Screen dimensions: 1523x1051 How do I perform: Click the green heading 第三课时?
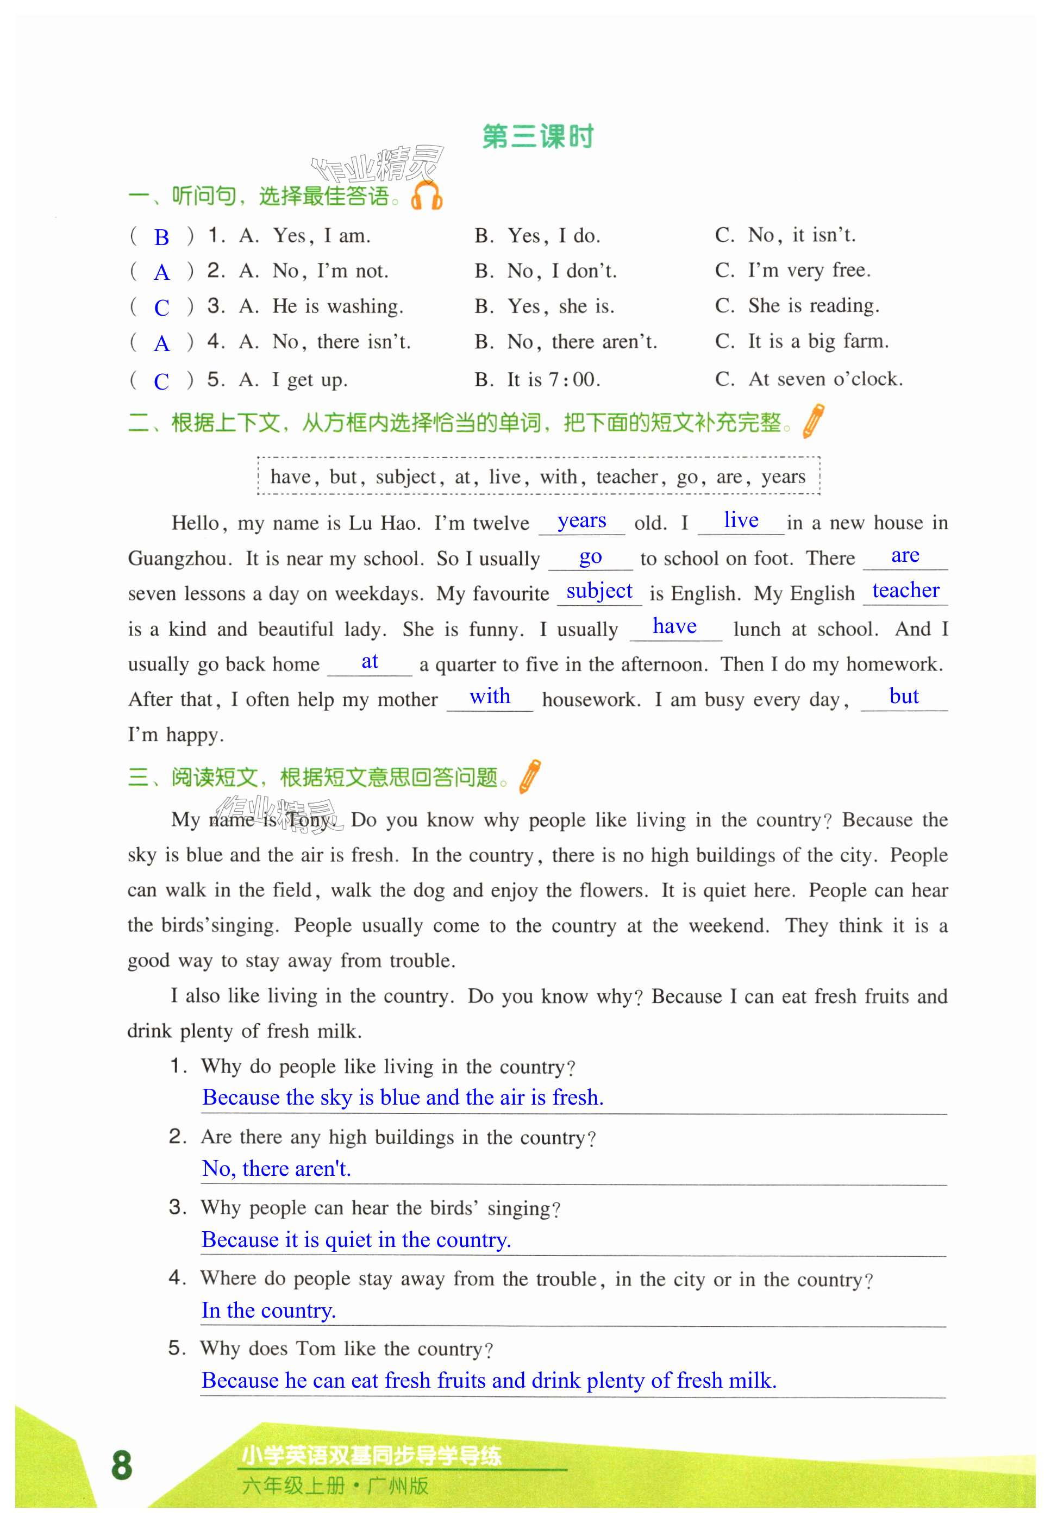click(x=537, y=136)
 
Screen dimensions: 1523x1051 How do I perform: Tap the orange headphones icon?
click(x=426, y=196)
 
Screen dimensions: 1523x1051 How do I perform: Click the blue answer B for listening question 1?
click(x=161, y=237)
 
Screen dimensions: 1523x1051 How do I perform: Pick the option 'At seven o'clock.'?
click(x=825, y=379)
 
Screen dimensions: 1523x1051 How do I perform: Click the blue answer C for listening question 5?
click(x=161, y=381)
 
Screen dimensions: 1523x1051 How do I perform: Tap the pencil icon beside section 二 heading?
click(x=814, y=422)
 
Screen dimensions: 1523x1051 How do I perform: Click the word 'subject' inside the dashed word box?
click(x=405, y=477)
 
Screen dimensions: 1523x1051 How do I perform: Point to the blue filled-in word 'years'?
click(x=581, y=521)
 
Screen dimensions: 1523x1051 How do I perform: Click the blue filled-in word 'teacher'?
click(x=905, y=591)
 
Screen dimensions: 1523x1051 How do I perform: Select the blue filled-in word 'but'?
click(x=904, y=697)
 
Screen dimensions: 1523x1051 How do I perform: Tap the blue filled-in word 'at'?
click(x=370, y=661)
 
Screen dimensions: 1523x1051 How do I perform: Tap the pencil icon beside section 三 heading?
click(x=530, y=776)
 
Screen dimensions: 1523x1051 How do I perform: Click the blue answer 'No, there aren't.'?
click(x=277, y=1168)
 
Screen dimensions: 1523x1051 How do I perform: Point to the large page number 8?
click(x=122, y=1466)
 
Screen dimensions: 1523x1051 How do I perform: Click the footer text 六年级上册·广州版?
click(x=335, y=1486)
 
